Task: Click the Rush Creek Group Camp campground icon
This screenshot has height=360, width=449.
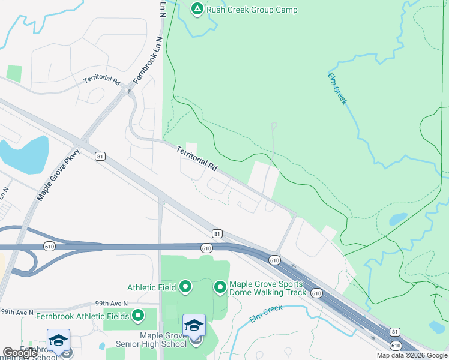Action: tap(197, 9)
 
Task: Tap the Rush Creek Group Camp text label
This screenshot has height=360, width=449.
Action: tap(252, 10)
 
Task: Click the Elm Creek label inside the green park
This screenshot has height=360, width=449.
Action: tap(337, 88)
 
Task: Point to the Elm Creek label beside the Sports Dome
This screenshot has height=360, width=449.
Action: tap(265, 308)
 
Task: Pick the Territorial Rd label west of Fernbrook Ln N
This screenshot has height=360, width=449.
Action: tap(102, 80)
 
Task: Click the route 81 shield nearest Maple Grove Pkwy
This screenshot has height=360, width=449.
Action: tap(100, 156)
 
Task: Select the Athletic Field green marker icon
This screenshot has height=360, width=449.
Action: tap(185, 287)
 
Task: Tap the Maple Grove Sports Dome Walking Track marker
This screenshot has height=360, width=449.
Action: tap(220, 287)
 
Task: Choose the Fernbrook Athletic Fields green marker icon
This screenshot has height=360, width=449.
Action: tap(139, 315)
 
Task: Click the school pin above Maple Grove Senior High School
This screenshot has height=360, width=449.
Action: tap(194, 326)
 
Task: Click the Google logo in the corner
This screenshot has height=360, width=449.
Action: tap(20, 353)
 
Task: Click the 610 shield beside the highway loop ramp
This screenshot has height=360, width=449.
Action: tap(50, 246)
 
